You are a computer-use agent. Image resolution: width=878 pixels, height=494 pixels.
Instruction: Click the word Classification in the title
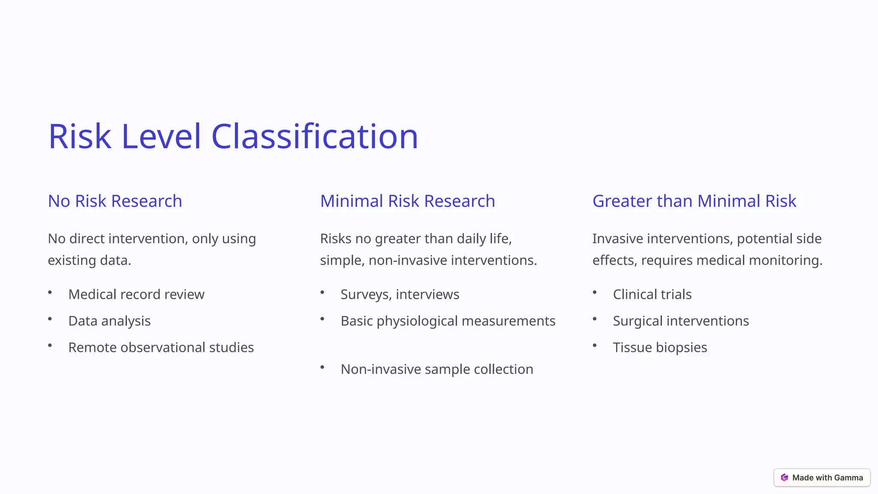point(314,136)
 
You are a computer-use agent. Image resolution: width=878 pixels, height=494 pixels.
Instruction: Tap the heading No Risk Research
point(115,201)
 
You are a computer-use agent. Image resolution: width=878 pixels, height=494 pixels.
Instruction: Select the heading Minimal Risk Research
point(407,201)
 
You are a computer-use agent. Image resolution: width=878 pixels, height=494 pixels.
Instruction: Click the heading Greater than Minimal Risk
point(694,201)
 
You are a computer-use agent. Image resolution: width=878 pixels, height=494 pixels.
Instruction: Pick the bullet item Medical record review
point(136,295)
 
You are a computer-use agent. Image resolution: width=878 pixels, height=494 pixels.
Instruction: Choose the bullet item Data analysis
point(109,321)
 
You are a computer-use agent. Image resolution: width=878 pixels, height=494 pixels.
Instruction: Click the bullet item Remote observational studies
point(161,347)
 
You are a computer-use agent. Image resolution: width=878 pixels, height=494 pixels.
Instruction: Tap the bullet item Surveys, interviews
point(400,295)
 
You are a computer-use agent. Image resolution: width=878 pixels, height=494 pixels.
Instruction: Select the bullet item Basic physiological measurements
point(448,321)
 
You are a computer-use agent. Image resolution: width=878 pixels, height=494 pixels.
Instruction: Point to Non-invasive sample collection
point(436,369)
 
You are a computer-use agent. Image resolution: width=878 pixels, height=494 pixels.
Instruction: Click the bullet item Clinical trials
point(652,295)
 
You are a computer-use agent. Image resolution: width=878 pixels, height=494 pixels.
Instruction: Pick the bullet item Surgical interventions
point(680,321)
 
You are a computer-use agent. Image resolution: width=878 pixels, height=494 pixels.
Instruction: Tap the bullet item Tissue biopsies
point(659,347)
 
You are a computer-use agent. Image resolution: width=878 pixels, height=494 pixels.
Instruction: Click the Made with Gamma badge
point(822,478)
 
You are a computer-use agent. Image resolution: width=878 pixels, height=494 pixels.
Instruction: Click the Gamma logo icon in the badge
point(785,478)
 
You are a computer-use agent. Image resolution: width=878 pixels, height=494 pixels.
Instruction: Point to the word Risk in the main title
point(80,136)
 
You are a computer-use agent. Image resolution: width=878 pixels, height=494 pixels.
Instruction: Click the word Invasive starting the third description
point(617,239)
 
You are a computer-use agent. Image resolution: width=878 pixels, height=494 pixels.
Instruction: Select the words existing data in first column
point(89,260)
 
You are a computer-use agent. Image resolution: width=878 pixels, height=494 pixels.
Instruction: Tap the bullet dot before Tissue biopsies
point(595,346)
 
